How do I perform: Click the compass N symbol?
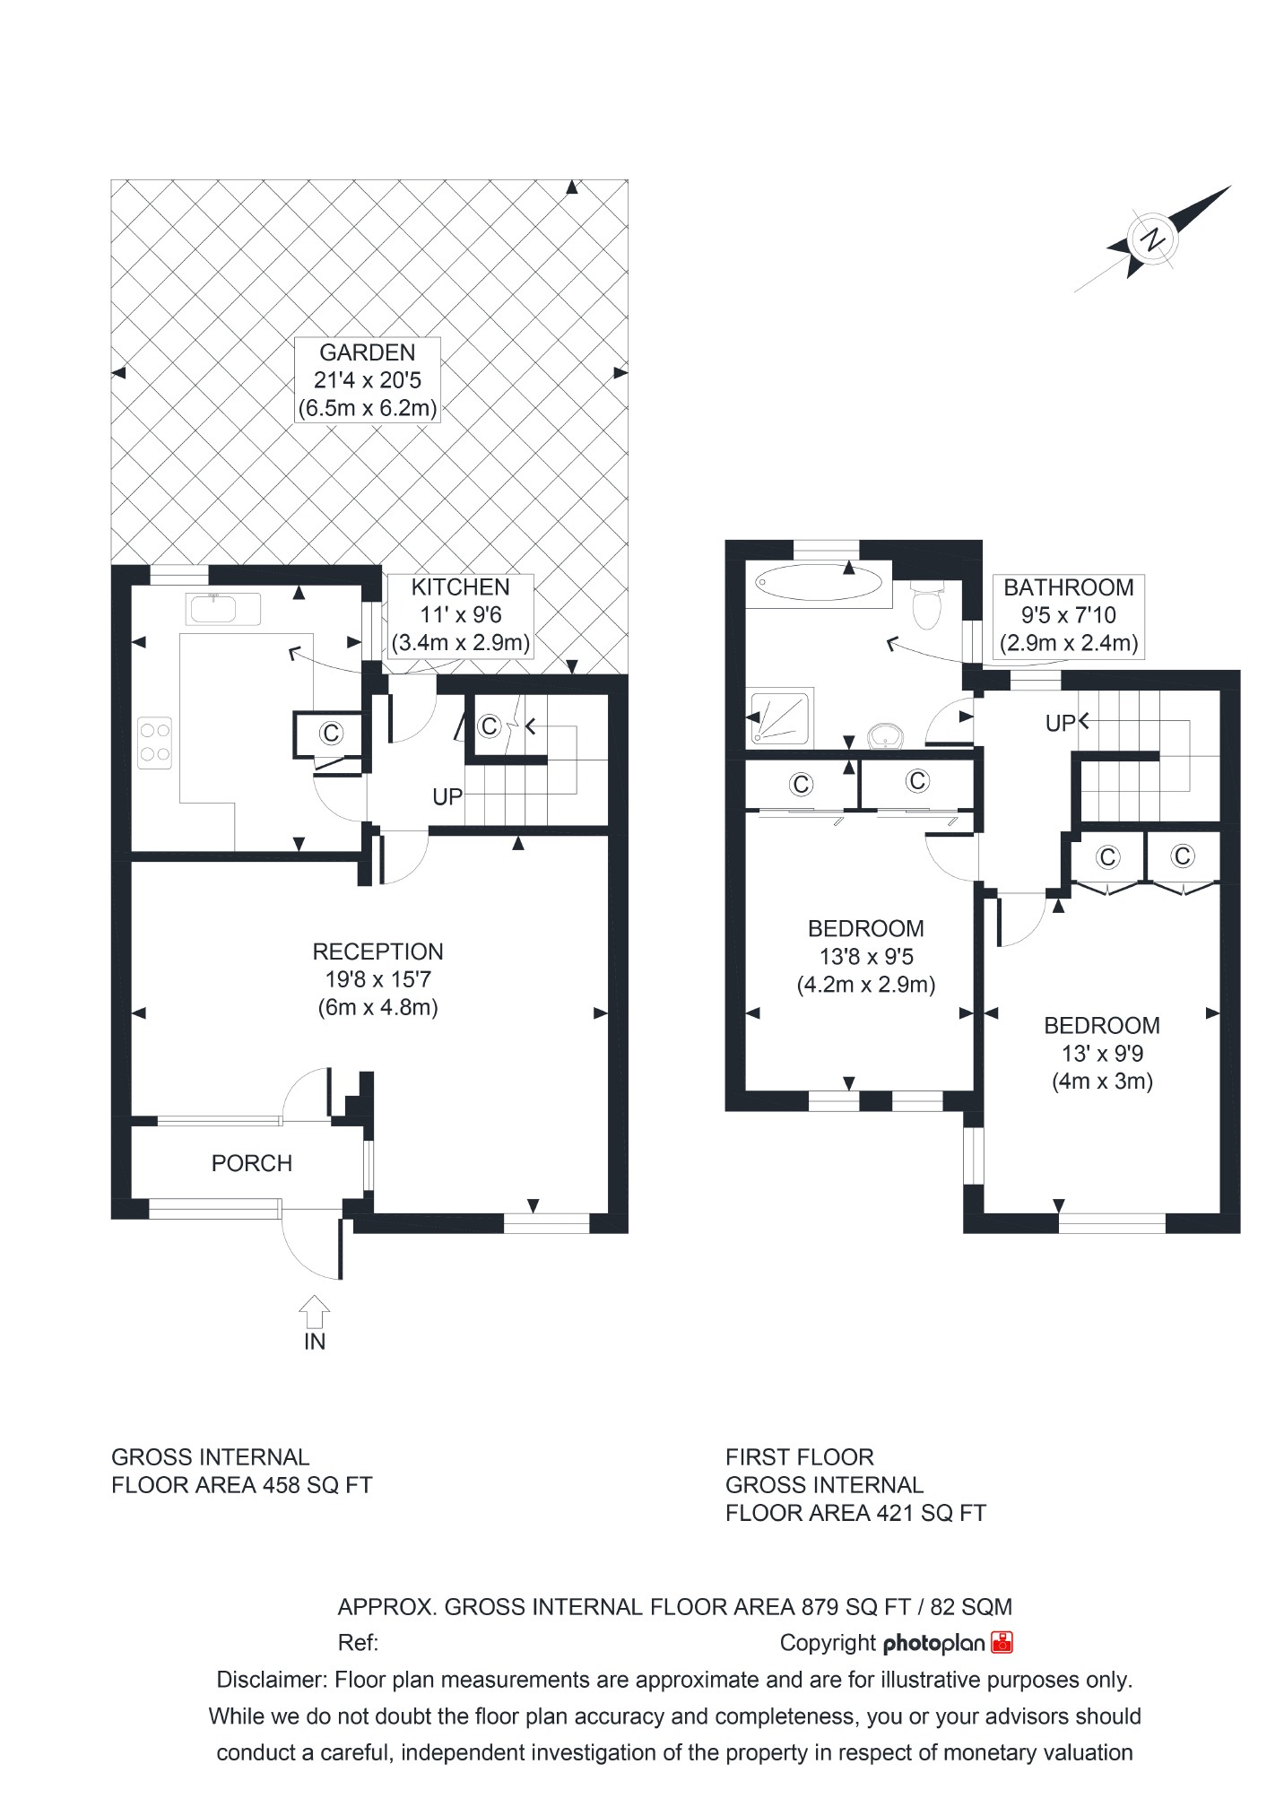pyautogui.click(x=1152, y=239)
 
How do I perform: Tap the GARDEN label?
pyautogui.click(x=368, y=352)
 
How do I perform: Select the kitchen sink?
pyautogui.click(x=224, y=608)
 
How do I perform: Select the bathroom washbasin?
pyautogui.click(x=888, y=736)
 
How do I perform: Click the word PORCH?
pyautogui.click(x=252, y=1163)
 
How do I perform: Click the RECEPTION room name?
pyautogui.click(x=377, y=951)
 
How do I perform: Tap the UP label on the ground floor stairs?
pyautogui.click(x=447, y=796)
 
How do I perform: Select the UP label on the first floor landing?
pyautogui.click(x=1060, y=723)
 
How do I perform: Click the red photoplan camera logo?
pyautogui.click(x=1002, y=1642)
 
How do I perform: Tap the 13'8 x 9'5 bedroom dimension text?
pyautogui.click(x=865, y=956)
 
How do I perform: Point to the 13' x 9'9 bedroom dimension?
pyautogui.click(x=1102, y=1053)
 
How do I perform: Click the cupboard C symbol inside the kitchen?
pyautogui.click(x=332, y=734)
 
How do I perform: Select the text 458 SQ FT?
pyautogui.click(x=317, y=1485)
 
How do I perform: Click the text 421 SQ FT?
pyautogui.click(x=930, y=1514)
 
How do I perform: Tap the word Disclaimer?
pyautogui.click(x=271, y=1680)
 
